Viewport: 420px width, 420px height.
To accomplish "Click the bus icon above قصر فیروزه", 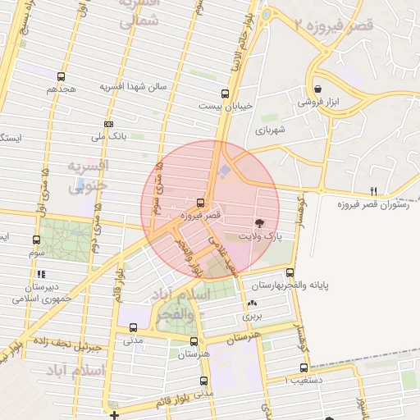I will pos(201,202).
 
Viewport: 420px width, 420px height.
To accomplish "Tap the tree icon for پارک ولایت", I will pos(260,223).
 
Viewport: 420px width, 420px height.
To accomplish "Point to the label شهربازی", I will pos(269,130).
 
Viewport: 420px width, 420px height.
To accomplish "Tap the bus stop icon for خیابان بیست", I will pos(226,94).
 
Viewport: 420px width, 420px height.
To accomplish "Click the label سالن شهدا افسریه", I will pos(134,85).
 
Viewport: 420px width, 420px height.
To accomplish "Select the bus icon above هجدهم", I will pos(62,75).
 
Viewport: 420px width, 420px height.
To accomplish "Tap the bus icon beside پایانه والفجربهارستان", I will pos(290,273).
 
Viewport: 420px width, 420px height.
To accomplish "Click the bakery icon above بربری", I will pos(251,304).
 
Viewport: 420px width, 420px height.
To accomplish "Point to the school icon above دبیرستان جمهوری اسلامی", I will pos(41,275).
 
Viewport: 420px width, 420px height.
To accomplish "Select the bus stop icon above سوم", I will pos(36,240).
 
